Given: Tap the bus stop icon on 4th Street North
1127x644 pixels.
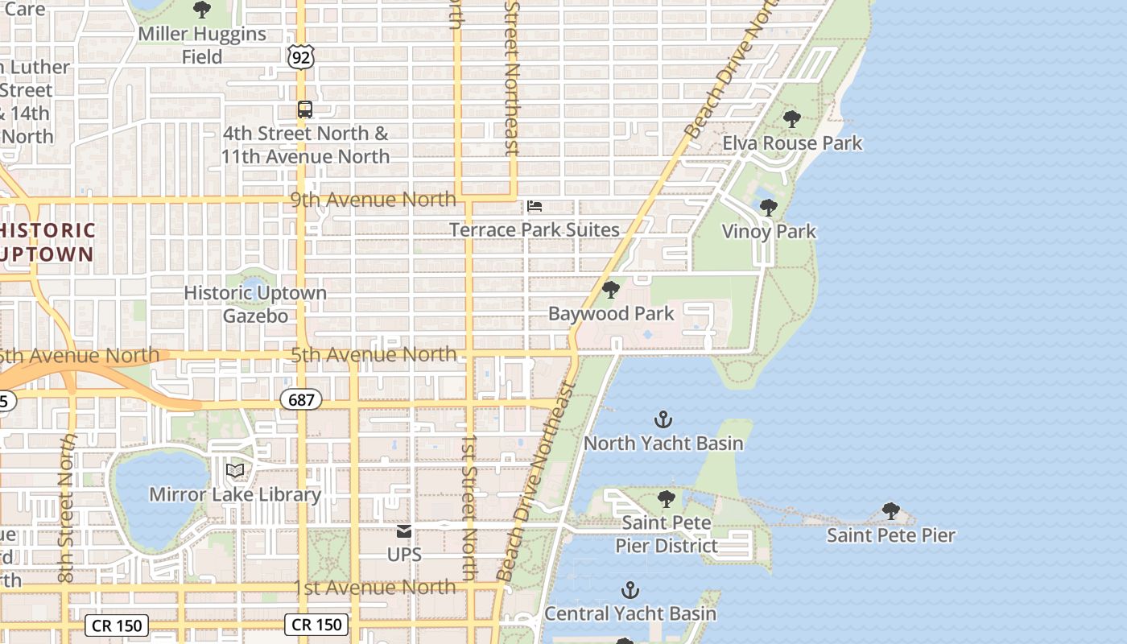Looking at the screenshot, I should click(x=304, y=109).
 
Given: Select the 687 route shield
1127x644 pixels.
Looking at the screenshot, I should click(x=301, y=399).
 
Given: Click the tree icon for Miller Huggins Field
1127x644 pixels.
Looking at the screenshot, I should click(x=201, y=10).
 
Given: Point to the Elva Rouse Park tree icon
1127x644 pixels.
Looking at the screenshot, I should click(x=792, y=119).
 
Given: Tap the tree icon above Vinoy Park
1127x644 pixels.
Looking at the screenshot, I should click(x=769, y=208).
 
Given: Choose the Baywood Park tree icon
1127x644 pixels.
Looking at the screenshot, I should click(x=611, y=290).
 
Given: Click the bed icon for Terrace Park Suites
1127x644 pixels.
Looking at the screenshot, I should click(x=534, y=207).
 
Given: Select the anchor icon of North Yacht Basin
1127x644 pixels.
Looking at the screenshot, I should click(x=663, y=419).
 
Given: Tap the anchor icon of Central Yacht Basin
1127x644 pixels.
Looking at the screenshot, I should click(x=630, y=590).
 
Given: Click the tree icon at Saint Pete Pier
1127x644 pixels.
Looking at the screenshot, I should click(x=890, y=511).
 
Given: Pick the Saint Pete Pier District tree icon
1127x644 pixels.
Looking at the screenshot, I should click(x=666, y=499).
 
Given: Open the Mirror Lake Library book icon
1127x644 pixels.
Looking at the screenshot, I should click(x=235, y=471).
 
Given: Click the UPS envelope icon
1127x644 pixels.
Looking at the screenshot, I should click(x=404, y=531).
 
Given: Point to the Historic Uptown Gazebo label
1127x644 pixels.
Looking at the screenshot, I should click(x=255, y=304).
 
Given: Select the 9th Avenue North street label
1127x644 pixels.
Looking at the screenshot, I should click(x=373, y=200).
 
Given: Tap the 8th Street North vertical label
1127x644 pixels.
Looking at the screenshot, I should click(x=67, y=509).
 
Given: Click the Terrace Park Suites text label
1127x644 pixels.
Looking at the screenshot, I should click(x=535, y=230).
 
